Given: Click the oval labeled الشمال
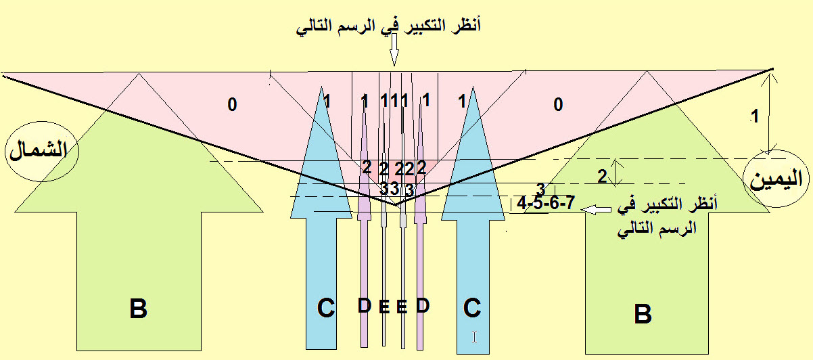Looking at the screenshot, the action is click(41, 150).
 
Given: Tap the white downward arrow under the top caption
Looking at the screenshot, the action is click(394, 51).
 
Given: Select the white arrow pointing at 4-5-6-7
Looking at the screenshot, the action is click(595, 210).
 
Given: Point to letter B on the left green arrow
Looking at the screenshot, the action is click(138, 309).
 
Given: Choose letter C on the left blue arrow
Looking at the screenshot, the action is click(325, 309).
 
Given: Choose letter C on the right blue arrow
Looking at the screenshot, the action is click(472, 308).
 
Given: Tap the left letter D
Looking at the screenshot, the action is click(365, 306).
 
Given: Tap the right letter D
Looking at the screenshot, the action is click(423, 306).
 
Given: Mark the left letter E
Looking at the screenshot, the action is click(384, 307).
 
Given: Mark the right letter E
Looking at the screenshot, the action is click(402, 307).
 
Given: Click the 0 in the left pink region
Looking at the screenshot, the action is click(232, 105).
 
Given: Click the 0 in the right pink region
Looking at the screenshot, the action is click(557, 104).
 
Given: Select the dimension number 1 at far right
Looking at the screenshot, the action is click(756, 116).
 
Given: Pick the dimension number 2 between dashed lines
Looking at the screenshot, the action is click(602, 176).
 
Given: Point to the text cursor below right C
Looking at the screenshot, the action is click(474, 336).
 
